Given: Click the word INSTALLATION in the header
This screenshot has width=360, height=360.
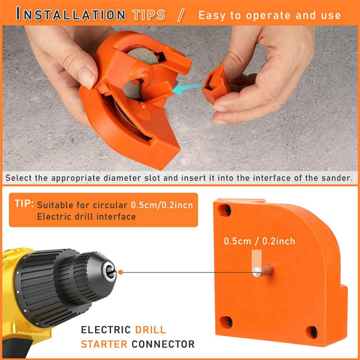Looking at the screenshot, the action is click(x=71, y=14).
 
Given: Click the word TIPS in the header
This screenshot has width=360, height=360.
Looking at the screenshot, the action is click(x=149, y=15).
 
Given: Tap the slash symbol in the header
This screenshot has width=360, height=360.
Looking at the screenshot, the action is click(x=181, y=15).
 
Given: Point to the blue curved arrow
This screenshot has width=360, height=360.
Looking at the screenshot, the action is click(x=187, y=88).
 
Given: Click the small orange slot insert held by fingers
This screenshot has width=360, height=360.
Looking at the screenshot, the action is click(x=216, y=84).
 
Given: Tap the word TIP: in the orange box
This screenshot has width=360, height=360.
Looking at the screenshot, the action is click(x=24, y=204).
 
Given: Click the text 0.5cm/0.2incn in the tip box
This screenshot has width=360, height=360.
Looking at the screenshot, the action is click(x=162, y=205).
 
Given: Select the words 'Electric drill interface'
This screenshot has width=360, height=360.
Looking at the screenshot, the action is click(x=86, y=216).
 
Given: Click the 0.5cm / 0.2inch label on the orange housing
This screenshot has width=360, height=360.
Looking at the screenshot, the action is click(x=259, y=241).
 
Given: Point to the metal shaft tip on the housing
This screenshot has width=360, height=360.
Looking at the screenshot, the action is click(x=256, y=272).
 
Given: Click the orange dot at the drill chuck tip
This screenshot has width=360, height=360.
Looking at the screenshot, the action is click(x=120, y=272).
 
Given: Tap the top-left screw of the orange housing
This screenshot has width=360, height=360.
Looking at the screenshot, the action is click(x=228, y=210).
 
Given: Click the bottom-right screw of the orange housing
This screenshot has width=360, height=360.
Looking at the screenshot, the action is click(x=314, y=332).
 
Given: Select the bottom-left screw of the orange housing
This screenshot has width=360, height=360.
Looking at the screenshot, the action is click(x=229, y=322).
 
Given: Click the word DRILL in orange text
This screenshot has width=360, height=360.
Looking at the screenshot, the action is click(x=151, y=330).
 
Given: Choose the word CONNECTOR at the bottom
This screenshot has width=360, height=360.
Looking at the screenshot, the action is click(x=163, y=344).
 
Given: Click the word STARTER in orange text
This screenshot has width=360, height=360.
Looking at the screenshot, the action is click(x=104, y=344).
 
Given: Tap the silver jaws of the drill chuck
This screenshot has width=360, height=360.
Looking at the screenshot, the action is click(x=110, y=272).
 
